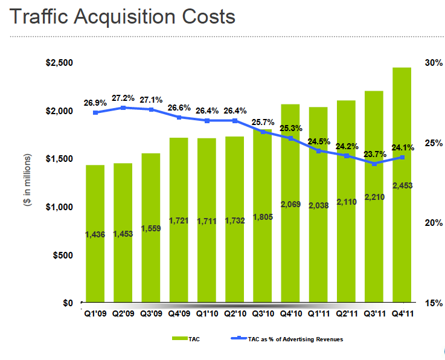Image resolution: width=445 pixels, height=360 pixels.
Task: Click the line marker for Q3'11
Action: (x=374, y=164)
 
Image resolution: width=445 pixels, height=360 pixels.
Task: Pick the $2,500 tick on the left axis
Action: (x=59, y=63)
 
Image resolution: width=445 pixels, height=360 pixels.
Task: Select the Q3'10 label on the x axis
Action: (x=263, y=313)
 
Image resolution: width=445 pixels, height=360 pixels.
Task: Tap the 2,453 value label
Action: (x=402, y=186)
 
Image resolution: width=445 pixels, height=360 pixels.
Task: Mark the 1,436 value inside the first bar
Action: (x=95, y=234)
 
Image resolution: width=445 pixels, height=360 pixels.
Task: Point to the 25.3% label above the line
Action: (x=291, y=128)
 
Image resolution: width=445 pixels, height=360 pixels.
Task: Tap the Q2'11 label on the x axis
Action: (x=346, y=313)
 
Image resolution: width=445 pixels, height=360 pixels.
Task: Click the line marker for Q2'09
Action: (x=123, y=108)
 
